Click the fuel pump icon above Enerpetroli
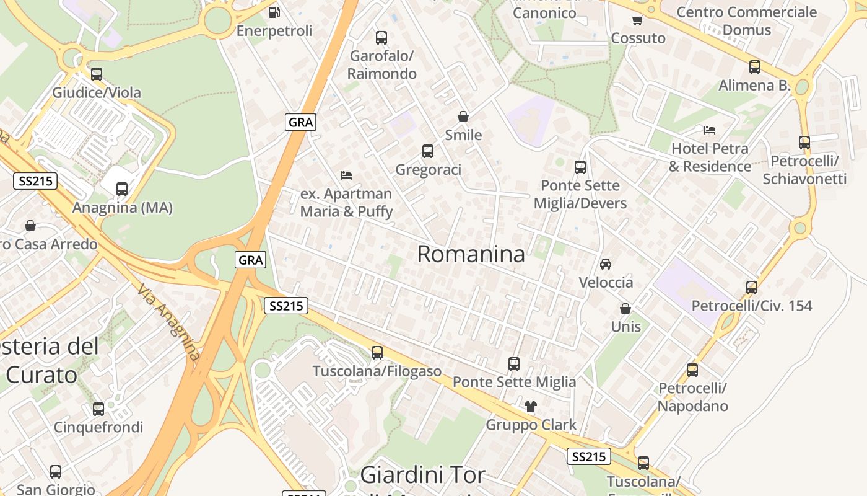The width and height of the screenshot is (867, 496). point(274,12)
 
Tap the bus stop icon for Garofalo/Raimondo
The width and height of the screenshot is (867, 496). point(381,37)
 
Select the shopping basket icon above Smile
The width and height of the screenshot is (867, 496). point(463,117)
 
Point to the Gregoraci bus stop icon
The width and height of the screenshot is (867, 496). point(427,151)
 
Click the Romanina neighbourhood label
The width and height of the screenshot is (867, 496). point(471,254)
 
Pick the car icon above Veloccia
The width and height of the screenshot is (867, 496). point(606,263)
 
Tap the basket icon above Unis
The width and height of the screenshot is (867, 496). point(625,308)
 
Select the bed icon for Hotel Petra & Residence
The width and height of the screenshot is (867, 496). point(710,130)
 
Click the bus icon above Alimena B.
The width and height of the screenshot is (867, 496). point(754,67)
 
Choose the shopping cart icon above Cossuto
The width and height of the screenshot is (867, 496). point(637,20)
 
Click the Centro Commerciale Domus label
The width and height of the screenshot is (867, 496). point(746,20)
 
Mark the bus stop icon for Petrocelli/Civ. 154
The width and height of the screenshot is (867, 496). point(751,287)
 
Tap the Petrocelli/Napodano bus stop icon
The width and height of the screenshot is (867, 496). point(692,370)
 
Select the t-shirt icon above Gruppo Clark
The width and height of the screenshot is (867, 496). point(531,407)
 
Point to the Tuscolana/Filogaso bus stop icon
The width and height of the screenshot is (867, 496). point(377,353)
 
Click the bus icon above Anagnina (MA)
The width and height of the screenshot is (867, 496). point(122,189)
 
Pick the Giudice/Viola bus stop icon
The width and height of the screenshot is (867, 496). point(97,74)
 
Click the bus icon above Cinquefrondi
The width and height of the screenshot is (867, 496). point(98,409)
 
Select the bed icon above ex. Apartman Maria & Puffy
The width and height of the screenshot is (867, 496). point(346,175)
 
